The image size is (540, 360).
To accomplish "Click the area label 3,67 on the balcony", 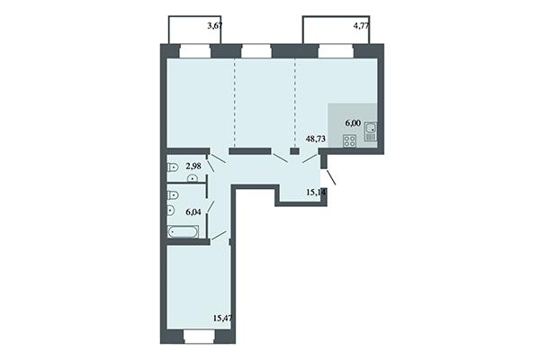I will (x=214, y=26).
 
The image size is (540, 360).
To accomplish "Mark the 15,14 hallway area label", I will (x=316, y=192).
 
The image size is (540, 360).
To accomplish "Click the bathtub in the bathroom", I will (x=187, y=232).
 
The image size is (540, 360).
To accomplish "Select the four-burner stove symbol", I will (x=351, y=140).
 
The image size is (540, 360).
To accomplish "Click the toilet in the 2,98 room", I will (x=173, y=167).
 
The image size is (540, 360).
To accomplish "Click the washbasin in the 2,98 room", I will (x=191, y=178).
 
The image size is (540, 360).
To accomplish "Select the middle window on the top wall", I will (x=256, y=49).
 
